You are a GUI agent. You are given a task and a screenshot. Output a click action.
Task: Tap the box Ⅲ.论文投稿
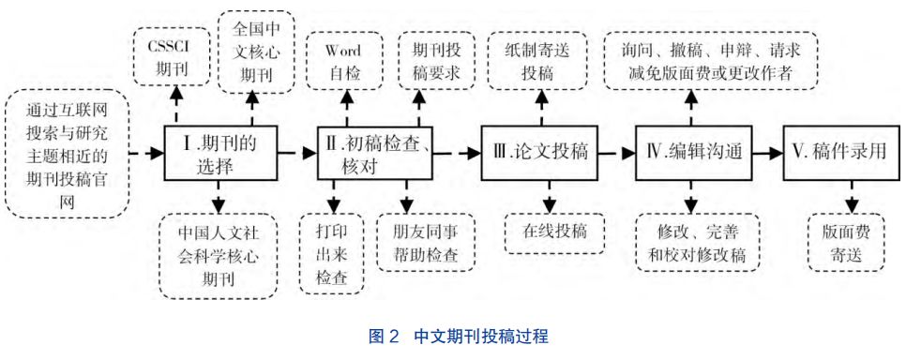[x=539, y=152]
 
